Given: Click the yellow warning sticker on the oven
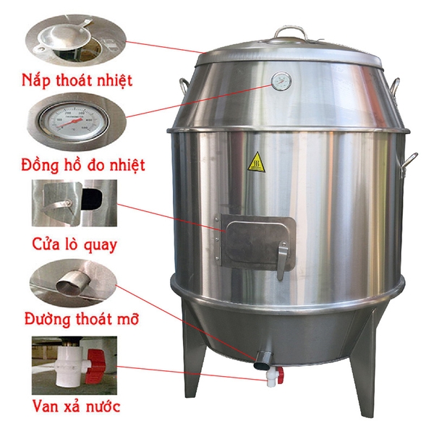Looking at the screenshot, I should [256, 161].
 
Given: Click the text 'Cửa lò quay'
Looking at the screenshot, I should [75, 244].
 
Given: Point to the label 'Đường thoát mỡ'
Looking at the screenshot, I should [81, 318].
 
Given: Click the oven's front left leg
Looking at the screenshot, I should [190, 362].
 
